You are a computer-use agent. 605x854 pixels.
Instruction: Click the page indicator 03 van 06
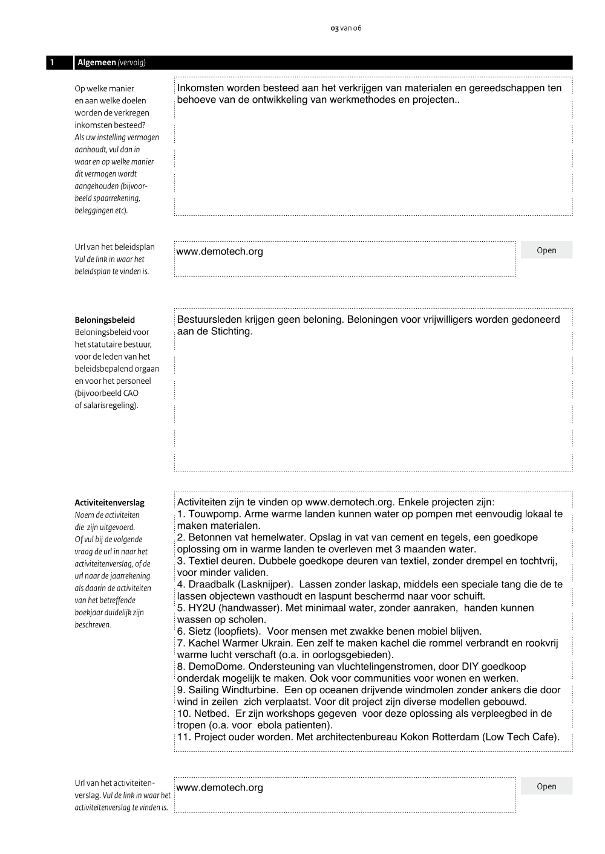coord(346,28)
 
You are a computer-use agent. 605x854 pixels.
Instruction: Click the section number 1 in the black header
coord(53,63)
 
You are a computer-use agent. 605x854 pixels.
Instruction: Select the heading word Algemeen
coord(97,63)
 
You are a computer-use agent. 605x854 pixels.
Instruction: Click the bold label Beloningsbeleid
coord(105,320)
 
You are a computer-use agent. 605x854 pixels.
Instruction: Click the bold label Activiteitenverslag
coord(110,503)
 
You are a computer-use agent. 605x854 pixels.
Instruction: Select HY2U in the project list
coord(203,608)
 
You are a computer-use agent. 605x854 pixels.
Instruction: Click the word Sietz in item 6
coord(200,632)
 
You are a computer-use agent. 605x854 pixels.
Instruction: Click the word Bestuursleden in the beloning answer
coord(209,320)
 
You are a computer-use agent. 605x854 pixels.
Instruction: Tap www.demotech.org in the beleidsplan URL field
coord(220,252)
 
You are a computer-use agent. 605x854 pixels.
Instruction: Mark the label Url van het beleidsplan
coord(115,247)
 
